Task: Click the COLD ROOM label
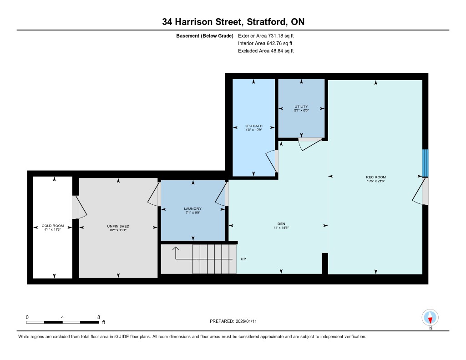53,226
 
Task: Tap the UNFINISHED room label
118,226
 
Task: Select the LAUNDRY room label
193,209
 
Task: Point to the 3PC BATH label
254,126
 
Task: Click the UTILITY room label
301,106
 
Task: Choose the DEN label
281,224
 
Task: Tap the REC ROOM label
376,177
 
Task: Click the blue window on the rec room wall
425,163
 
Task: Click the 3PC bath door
272,162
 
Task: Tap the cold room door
79,207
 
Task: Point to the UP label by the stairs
243,259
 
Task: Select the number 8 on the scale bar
99,317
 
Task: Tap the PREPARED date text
233,321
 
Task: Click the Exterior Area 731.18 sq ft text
266,35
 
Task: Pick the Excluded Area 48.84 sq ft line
266,51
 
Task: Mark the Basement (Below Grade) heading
205,36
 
